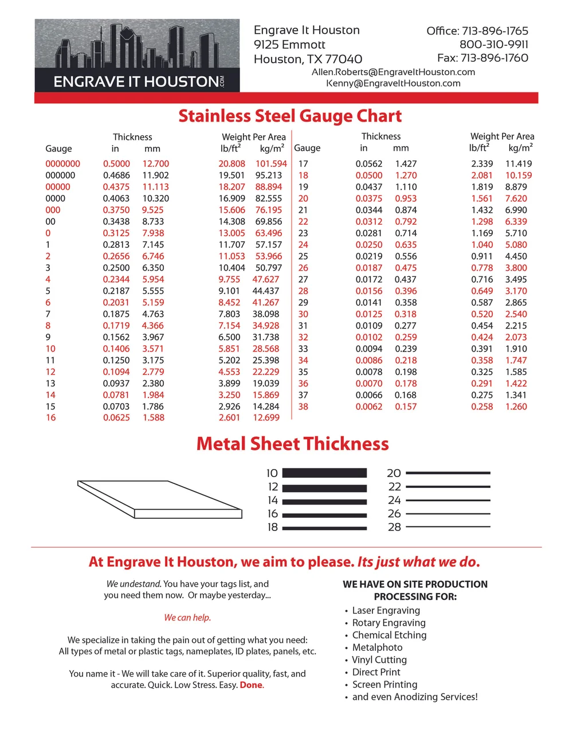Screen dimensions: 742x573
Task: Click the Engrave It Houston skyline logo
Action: point(137,55)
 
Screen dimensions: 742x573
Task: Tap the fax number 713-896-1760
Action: point(482,58)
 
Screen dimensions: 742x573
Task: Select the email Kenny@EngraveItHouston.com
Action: point(393,83)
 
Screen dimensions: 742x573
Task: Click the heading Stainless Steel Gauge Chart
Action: point(290,116)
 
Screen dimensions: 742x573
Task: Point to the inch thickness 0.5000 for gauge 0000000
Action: point(116,163)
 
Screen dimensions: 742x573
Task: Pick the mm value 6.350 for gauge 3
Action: point(153,268)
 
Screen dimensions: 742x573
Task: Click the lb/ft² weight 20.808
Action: point(231,163)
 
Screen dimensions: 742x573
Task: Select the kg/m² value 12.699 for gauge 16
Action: point(266,417)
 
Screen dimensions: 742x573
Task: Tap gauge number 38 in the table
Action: point(303,407)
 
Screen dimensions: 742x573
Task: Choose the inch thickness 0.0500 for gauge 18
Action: point(368,175)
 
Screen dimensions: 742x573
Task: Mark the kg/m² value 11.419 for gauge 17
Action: point(518,163)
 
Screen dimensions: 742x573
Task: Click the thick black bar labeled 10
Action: point(324,473)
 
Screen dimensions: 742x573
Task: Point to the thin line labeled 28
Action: point(448,526)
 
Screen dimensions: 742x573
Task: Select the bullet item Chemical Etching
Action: point(389,635)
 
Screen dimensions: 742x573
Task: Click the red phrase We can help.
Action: point(187,618)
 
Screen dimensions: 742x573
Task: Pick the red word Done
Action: point(251,685)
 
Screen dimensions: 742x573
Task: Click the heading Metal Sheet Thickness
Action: point(292,444)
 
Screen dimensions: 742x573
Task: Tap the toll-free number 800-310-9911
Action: point(493,44)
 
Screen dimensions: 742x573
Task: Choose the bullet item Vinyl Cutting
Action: point(379,659)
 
